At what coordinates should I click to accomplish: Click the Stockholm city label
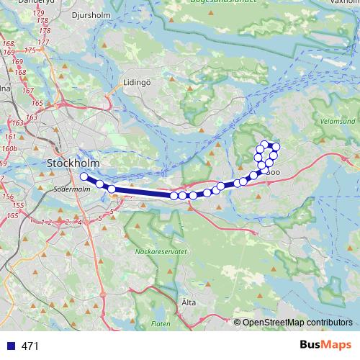tap(73, 163)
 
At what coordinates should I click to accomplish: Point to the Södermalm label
tap(69, 189)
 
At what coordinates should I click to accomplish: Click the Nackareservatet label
tap(161, 252)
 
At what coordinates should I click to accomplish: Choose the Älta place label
tap(189, 303)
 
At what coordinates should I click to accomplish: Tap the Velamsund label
tap(336, 121)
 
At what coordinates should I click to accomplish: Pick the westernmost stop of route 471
tap(84, 176)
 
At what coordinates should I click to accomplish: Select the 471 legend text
tap(30, 346)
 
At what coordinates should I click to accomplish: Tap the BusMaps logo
tap(325, 346)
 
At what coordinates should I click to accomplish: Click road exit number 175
tap(31, 50)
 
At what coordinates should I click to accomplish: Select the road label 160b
tap(9, 148)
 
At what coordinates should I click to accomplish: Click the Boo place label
tap(274, 172)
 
